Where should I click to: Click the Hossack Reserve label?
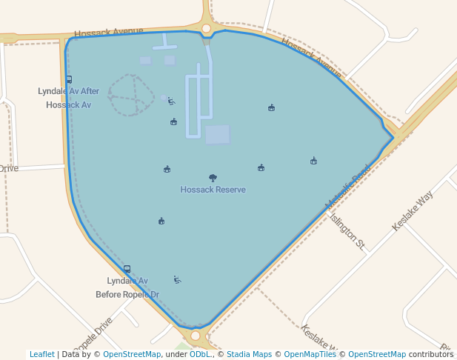coord(213,190)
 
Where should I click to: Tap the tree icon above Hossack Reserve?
coord(213,178)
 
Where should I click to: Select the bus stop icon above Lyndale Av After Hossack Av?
coord(69,79)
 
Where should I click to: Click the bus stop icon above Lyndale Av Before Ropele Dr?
coord(127,269)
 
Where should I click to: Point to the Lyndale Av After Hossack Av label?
coord(68,98)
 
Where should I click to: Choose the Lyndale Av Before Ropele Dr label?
coord(127,287)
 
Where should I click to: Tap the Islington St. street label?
coord(347,232)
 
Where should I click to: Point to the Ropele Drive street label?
coord(93,335)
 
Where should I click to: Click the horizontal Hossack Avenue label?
coord(108,32)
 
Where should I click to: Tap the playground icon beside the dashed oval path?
coord(171,101)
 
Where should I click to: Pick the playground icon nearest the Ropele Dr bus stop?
coord(177,279)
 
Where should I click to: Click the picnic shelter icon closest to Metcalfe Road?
coord(314,161)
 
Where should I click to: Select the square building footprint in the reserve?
coord(217,135)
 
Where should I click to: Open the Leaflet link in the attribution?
coord(42,354)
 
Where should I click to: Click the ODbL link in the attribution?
coord(200,354)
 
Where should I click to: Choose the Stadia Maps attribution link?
coord(248,354)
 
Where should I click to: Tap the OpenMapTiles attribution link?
coord(310,354)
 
